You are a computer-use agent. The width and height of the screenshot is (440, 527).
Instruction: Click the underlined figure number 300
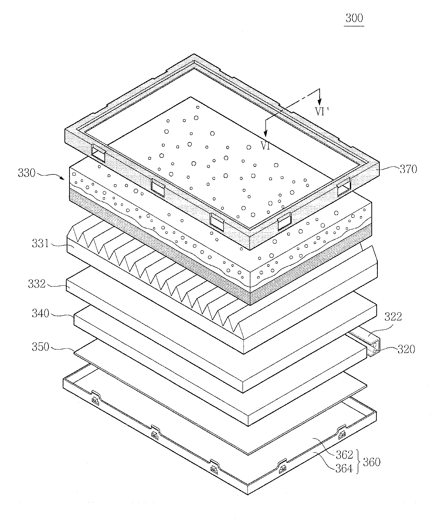(x=354, y=18)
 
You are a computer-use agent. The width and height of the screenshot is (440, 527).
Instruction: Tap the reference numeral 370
(x=408, y=169)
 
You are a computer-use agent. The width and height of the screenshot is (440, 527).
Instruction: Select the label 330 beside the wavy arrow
(x=27, y=173)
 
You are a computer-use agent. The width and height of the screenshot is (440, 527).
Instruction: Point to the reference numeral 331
(x=40, y=243)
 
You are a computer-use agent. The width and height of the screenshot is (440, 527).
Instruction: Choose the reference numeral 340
(x=40, y=313)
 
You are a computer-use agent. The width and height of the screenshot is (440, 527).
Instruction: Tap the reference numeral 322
(x=393, y=317)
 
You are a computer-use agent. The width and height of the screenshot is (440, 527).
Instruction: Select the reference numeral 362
(x=344, y=454)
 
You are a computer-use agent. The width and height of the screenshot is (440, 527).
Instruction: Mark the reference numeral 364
(x=344, y=468)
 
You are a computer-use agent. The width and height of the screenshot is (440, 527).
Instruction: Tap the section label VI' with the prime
(x=321, y=111)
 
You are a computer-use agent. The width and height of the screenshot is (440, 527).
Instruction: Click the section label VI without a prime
(x=266, y=146)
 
